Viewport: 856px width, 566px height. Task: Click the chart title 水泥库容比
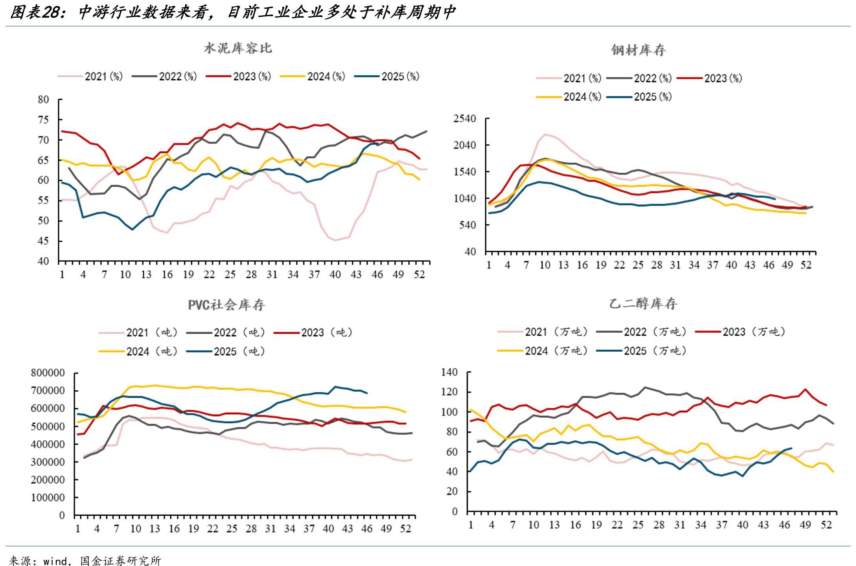pos(238,48)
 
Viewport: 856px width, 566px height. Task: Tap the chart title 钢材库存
pos(639,50)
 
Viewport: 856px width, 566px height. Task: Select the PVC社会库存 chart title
pos(226,305)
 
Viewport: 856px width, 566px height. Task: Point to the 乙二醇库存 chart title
pos(643,304)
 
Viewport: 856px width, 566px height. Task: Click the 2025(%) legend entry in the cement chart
pos(400,76)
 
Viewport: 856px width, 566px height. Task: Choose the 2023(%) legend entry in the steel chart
pos(723,78)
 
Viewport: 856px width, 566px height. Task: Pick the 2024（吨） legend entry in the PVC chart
pos(152,351)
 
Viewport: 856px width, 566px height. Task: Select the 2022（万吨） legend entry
pos(655,332)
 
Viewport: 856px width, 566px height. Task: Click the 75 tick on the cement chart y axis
pos(43,120)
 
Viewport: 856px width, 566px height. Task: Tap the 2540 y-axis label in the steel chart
pos(465,119)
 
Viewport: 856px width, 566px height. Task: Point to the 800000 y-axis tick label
pos(48,373)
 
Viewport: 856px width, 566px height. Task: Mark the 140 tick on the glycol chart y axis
pos(449,372)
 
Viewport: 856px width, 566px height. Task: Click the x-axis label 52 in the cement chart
pos(419,274)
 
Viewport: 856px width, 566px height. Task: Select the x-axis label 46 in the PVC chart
pos(366,529)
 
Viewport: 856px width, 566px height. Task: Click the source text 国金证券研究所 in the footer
pos(120,560)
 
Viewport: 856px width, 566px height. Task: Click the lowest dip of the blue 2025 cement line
pos(133,229)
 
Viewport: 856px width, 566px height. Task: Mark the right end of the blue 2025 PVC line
pos(367,393)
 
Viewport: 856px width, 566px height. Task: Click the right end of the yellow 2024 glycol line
pos(833,472)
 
